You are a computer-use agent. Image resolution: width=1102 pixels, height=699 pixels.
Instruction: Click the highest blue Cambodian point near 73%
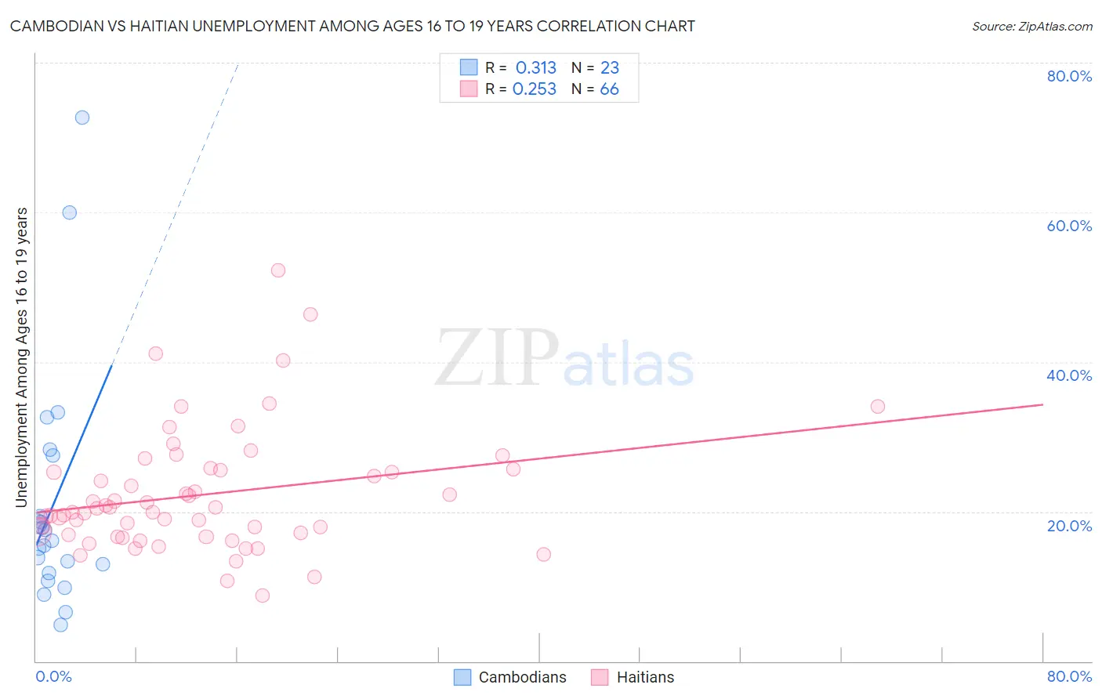[82, 118]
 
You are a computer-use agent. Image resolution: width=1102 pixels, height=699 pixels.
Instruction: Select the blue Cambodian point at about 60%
[70, 212]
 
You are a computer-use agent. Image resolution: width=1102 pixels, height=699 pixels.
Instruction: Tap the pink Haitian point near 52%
[278, 270]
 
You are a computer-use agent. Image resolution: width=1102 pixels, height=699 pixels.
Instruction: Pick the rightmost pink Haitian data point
[878, 406]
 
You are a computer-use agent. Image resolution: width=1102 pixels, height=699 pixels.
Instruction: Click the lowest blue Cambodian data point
[60, 625]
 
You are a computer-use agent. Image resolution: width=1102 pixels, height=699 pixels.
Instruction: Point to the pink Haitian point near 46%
[310, 314]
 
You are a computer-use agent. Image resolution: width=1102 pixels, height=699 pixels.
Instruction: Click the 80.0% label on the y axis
[1069, 76]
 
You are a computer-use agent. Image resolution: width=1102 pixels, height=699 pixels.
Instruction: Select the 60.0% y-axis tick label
[1069, 226]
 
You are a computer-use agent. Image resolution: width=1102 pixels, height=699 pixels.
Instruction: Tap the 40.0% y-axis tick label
[1069, 375]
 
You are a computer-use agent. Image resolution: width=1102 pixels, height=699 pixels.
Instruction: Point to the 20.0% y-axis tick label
[1069, 525]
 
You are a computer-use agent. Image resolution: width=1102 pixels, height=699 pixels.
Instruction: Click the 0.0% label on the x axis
[53, 676]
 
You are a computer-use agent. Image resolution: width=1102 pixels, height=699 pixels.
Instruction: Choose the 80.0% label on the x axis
[1069, 676]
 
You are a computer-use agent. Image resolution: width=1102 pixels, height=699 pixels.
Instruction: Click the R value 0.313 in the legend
[536, 68]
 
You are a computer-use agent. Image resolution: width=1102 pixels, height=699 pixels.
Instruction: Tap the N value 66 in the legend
[609, 89]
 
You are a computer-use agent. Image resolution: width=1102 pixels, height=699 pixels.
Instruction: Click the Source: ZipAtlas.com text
[1031, 27]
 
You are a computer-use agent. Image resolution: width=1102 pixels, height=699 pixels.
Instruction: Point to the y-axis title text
[22, 357]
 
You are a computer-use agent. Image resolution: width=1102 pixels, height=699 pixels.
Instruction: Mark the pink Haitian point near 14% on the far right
[543, 554]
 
